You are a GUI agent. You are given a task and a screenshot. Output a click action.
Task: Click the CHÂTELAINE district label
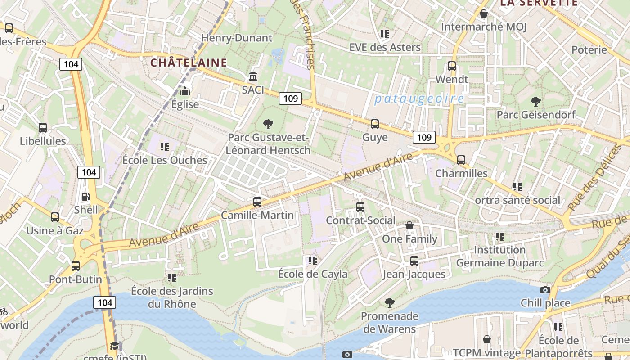click(x=189, y=63)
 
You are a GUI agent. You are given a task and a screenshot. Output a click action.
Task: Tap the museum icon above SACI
click(x=253, y=76)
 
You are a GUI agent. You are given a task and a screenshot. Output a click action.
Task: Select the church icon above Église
click(x=184, y=91)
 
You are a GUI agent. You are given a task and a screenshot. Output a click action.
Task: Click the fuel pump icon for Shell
click(x=85, y=197)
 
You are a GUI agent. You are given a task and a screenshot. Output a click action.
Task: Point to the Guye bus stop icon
click(x=375, y=124)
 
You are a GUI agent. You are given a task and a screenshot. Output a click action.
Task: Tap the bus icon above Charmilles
click(x=461, y=160)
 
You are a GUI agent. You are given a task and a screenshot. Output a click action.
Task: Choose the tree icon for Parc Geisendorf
click(x=535, y=102)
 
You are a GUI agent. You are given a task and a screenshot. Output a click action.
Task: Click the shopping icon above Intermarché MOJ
click(x=484, y=14)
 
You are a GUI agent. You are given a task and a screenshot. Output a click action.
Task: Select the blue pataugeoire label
click(x=419, y=99)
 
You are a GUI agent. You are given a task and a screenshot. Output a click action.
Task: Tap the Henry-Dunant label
click(x=237, y=38)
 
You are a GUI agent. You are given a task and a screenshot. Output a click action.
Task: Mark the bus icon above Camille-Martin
click(x=257, y=202)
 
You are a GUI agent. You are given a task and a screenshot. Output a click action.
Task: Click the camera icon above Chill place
click(x=545, y=290)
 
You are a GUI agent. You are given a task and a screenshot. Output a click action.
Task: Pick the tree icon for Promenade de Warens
click(x=390, y=303)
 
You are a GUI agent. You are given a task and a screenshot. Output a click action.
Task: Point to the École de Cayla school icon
click(x=313, y=261)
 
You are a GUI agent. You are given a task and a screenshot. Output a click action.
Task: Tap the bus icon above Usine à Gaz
click(x=55, y=217)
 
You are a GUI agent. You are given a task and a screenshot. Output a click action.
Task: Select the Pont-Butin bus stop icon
click(x=76, y=266)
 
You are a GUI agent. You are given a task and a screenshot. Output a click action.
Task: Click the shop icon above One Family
click(x=409, y=225)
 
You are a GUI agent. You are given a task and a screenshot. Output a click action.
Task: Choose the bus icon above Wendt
click(x=452, y=66)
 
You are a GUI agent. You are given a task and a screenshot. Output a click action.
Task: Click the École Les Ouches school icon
click(x=165, y=147)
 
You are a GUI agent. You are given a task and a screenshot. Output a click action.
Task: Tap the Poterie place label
click(x=589, y=49)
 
